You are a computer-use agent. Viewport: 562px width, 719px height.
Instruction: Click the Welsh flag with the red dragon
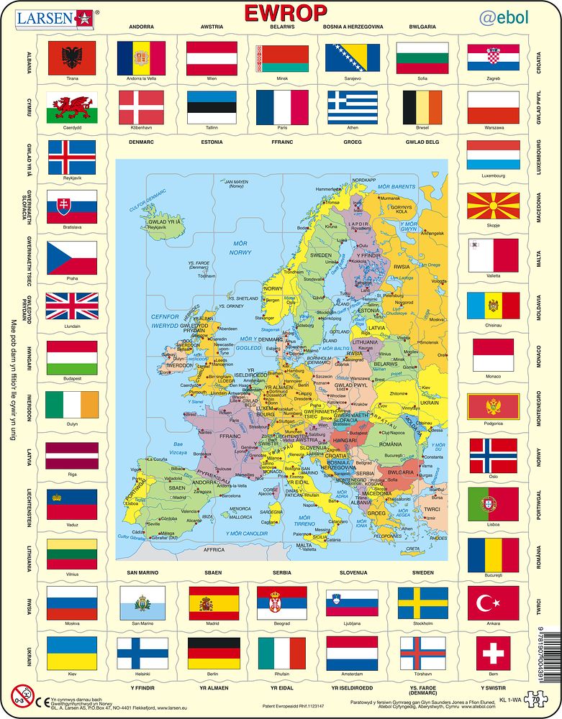[x=71, y=108]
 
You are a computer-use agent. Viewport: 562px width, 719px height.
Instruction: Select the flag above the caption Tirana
[x=71, y=58]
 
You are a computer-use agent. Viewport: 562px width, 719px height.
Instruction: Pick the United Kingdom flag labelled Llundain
[x=71, y=306]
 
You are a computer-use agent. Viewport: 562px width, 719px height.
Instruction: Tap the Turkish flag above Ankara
[x=492, y=603]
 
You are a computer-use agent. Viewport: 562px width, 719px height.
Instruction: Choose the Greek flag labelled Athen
[x=353, y=108]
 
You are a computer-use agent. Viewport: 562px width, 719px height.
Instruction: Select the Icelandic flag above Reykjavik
[x=71, y=157]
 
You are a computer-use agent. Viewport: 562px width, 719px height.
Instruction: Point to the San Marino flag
[x=142, y=603]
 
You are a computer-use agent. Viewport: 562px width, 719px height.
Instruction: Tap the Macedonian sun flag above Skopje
[x=492, y=206]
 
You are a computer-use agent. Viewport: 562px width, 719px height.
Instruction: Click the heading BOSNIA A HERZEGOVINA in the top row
[x=353, y=27]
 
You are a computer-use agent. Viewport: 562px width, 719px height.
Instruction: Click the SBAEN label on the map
[x=177, y=487]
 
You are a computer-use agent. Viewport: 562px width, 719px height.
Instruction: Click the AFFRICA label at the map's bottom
[x=214, y=550]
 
